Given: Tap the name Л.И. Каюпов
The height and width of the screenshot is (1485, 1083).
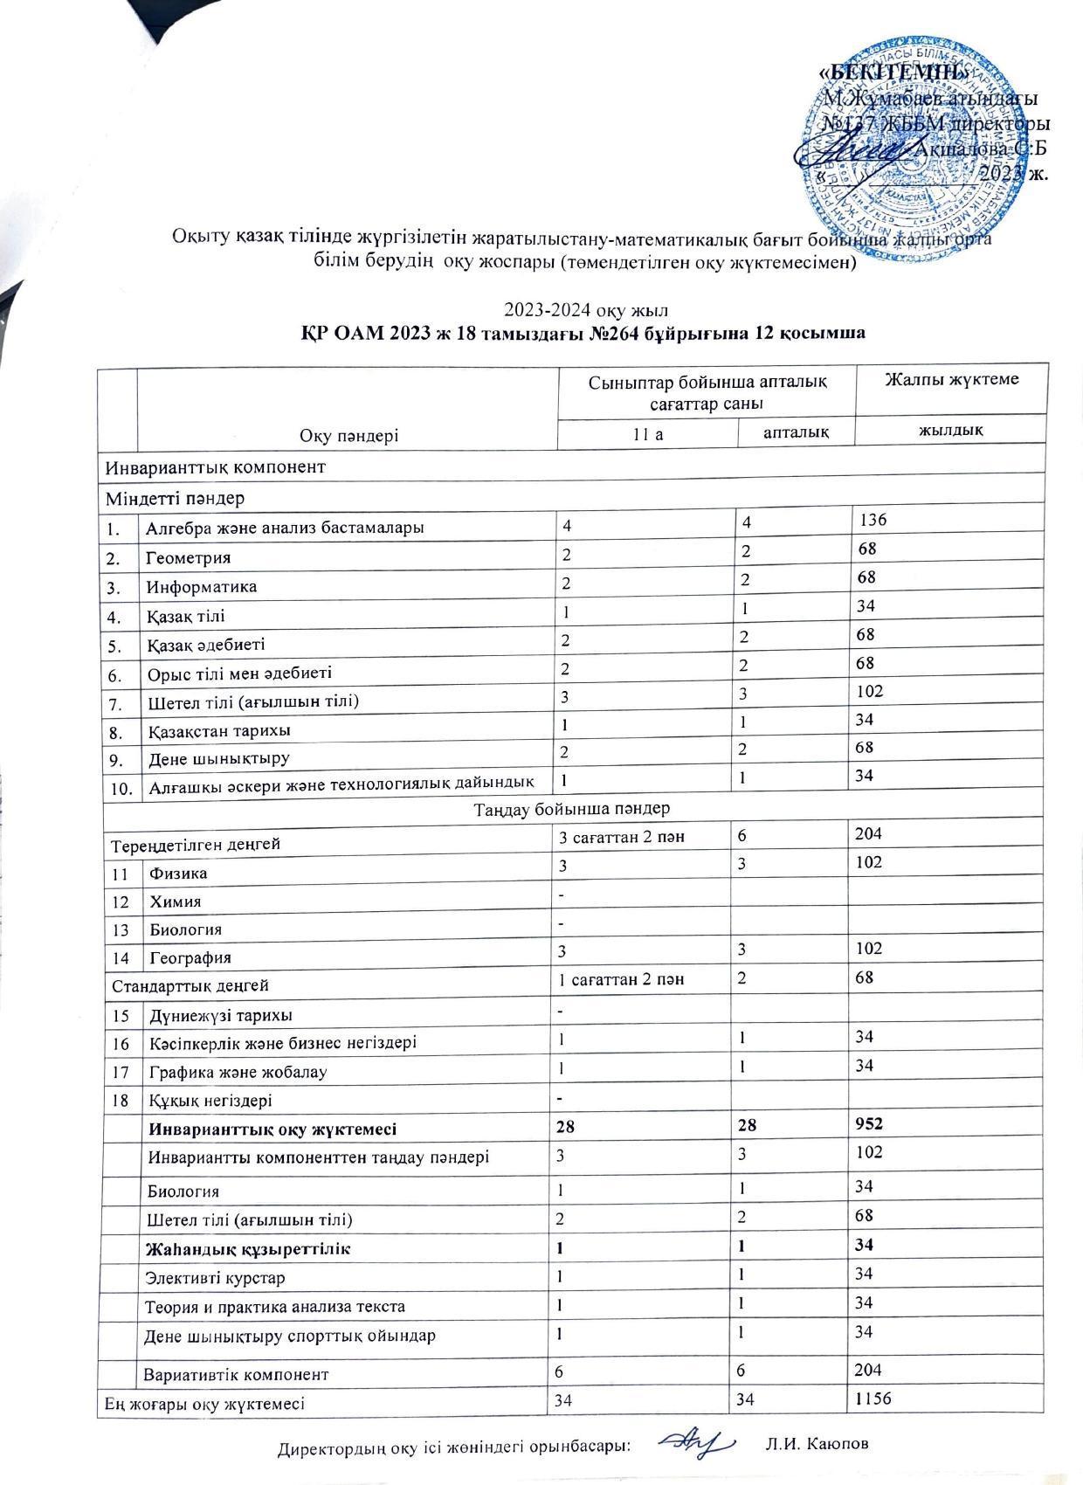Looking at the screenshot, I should click(817, 1444).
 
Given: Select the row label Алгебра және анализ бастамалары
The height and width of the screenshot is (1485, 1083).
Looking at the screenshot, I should click(286, 528).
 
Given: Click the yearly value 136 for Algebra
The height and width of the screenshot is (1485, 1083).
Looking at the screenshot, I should click(873, 521).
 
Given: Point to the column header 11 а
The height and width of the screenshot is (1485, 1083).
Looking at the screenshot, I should click(647, 434).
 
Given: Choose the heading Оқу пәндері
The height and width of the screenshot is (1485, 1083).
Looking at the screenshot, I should click(349, 436).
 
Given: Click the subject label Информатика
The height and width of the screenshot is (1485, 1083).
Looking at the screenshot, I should click(202, 586).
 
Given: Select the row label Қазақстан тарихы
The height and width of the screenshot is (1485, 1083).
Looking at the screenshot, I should click(219, 730).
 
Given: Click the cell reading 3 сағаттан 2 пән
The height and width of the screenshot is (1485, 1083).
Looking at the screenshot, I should click(621, 838).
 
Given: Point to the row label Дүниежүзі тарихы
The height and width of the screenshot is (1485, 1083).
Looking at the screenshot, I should click(220, 1015).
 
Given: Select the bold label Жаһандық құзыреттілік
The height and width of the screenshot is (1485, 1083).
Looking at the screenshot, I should click(250, 1248).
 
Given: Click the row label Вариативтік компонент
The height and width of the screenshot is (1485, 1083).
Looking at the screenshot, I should click(236, 1374).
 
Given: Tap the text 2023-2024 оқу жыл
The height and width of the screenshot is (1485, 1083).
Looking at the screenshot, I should click(574, 310).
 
